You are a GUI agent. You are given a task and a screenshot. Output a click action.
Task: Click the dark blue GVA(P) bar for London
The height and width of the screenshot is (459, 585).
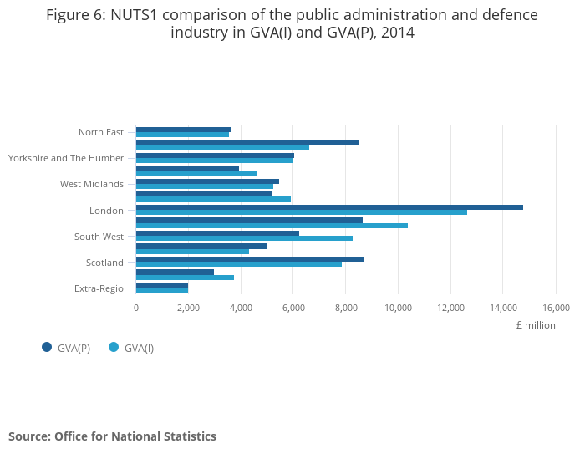329,207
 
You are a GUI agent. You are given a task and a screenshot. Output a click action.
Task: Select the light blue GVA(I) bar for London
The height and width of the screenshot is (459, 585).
302,212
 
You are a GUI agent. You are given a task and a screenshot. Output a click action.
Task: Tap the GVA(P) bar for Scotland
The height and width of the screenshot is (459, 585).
250,259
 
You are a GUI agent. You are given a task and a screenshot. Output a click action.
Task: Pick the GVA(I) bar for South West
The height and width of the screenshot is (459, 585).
244,238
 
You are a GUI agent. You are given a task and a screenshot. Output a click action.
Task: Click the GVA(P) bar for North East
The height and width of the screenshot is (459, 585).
183,130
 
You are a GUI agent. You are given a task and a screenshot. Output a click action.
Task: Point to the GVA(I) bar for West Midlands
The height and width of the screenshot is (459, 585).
205,186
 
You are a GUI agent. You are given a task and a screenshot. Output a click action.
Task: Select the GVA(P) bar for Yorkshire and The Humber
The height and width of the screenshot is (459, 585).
215,156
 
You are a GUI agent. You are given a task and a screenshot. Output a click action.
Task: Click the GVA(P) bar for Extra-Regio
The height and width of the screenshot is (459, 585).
162,285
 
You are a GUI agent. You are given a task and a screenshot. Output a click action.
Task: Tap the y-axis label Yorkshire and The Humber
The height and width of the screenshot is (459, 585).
66,158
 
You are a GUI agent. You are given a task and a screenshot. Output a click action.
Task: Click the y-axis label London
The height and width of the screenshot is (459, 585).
106,211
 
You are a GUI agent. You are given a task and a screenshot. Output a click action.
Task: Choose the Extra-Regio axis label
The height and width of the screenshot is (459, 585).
99,288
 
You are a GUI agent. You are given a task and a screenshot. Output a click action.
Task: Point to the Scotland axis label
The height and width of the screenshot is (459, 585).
104,263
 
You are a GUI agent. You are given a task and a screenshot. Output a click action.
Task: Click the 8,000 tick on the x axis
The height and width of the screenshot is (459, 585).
345,308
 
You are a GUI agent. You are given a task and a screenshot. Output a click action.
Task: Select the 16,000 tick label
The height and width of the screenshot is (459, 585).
555,308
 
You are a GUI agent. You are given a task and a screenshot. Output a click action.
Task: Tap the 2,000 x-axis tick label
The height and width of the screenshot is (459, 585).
188,308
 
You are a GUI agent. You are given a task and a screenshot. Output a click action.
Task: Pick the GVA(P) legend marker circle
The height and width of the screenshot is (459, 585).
47,347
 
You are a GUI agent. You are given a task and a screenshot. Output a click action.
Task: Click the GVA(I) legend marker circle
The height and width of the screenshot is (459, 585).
114,347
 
